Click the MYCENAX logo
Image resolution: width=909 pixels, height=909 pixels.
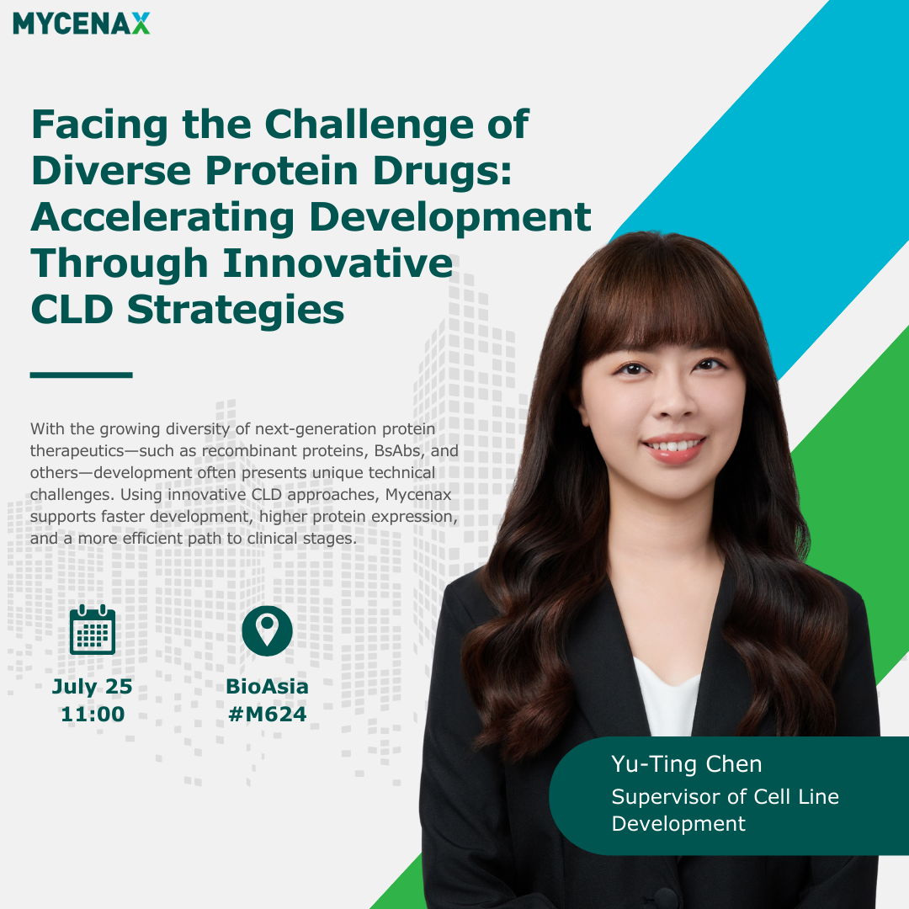click(x=81, y=24)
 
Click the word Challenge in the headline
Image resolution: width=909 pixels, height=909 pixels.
click(x=369, y=125)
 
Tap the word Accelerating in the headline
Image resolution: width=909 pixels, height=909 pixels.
click(x=162, y=219)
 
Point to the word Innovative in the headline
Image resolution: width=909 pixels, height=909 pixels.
click(x=338, y=263)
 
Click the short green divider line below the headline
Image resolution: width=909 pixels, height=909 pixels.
click(x=81, y=375)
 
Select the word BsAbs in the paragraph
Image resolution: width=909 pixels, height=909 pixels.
click(x=398, y=450)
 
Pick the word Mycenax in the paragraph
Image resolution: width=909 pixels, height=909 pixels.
click(x=418, y=495)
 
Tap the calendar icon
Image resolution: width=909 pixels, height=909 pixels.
click(x=93, y=630)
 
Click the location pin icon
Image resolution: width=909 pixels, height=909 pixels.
click(x=268, y=630)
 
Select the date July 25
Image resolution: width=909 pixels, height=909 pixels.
click(x=93, y=687)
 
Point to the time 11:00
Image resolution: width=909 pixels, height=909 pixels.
click(x=93, y=715)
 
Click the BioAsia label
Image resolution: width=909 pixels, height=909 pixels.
click(x=268, y=687)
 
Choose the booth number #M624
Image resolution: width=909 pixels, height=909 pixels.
click(x=268, y=715)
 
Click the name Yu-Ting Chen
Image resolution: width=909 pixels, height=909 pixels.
click(x=687, y=764)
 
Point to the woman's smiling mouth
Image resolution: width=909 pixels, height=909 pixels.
click(x=673, y=448)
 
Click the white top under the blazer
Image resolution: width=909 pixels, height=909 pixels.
click(x=667, y=699)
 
